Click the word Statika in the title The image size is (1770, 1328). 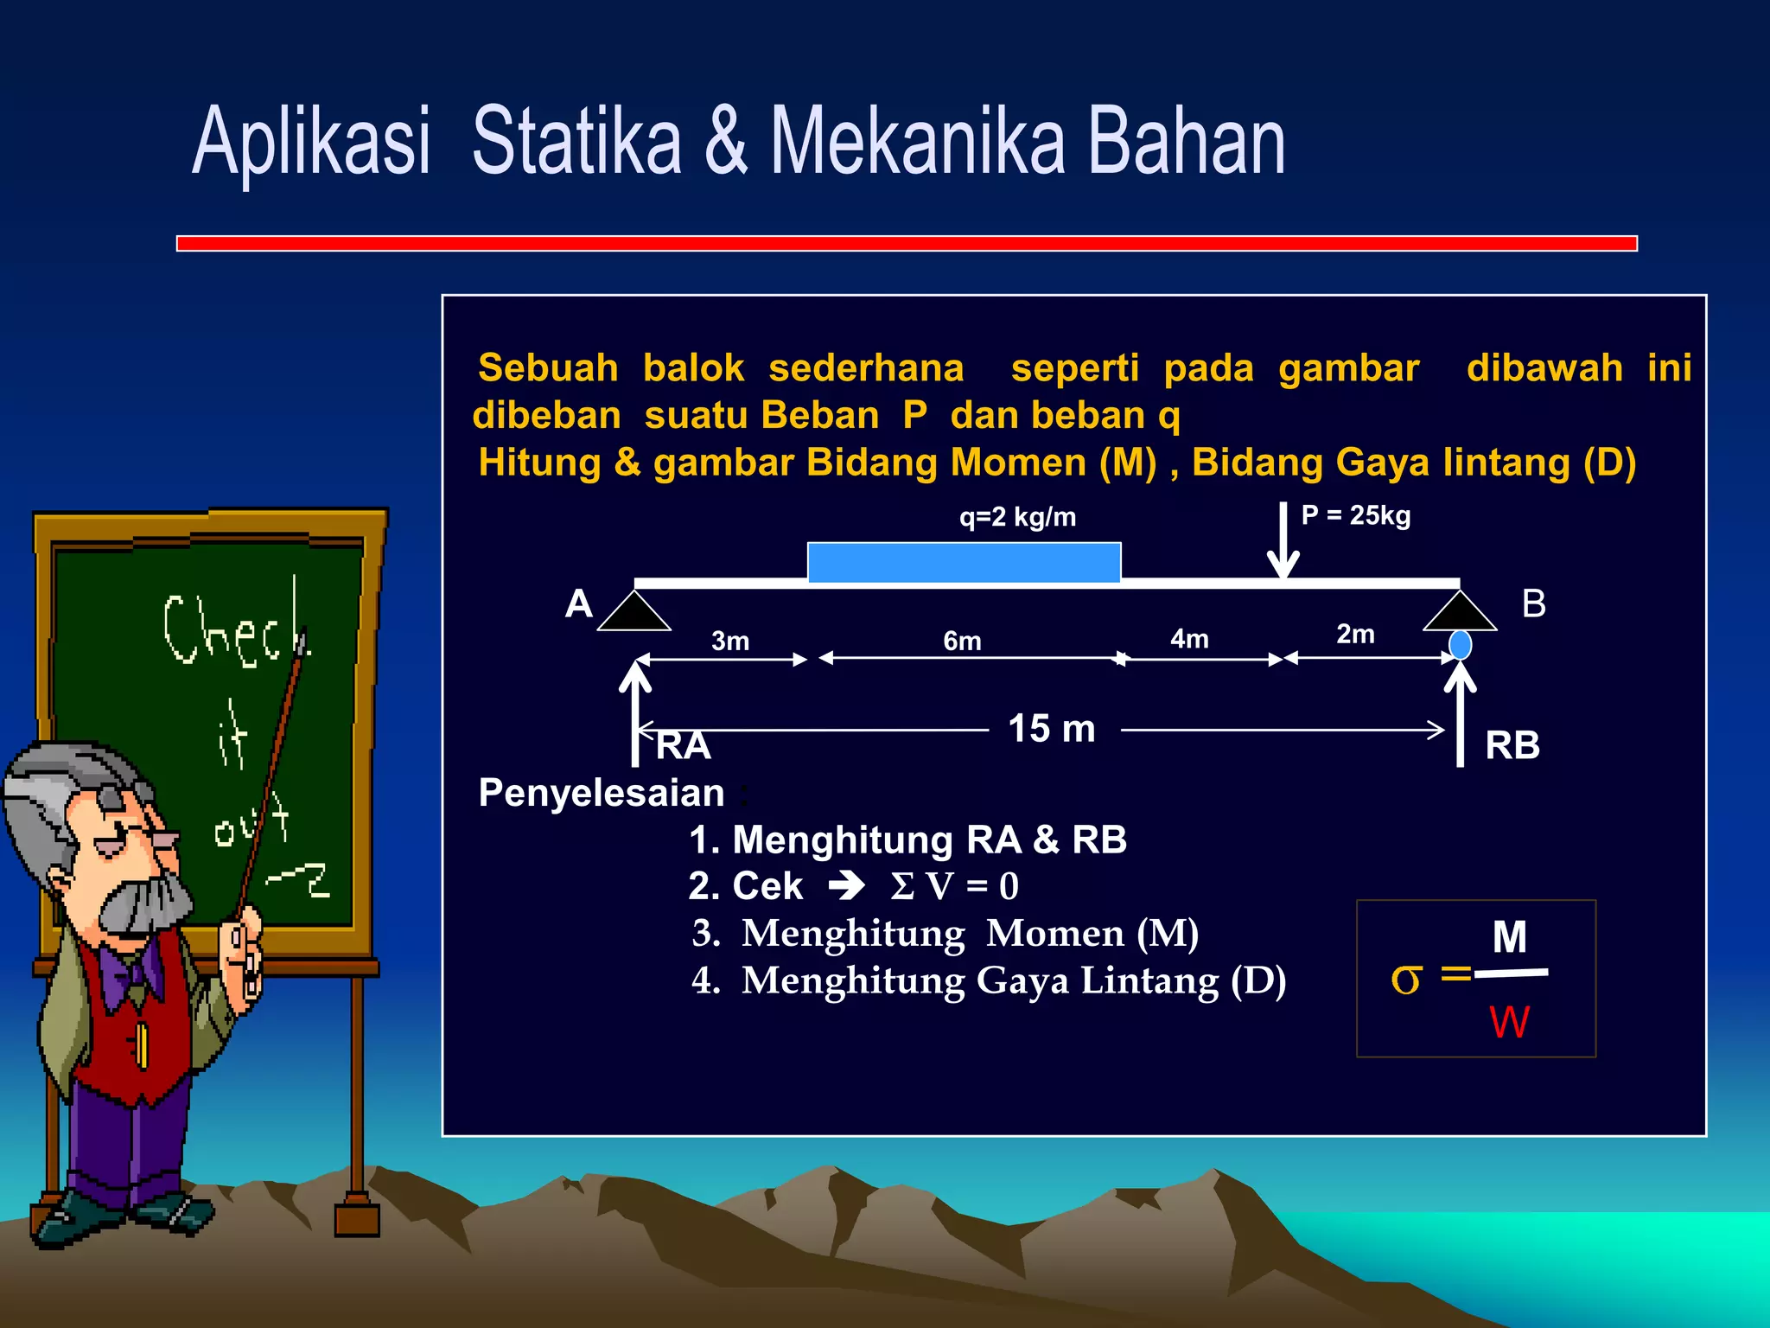[x=576, y=141]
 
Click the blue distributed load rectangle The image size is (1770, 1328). [x=964, y=563]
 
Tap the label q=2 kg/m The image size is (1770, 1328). [x=1017, y=517]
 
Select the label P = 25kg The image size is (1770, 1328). [x=1355, y=515]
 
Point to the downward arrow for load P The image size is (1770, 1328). [x=1283, y=540]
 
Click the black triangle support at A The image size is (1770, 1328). [x=634, y=613]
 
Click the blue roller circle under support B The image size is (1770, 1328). [x=1460, y=645]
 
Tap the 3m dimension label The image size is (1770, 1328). [x=730, y=642]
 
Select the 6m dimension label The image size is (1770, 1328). [x=962, y=642]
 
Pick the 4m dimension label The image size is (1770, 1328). [x=1189, y=639]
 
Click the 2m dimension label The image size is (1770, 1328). [x=1355, y=634]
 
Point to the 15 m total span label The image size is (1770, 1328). [x=1052, y=729]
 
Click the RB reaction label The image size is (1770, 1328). [x=1512, y=745]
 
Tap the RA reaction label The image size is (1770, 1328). [x=683, y=745]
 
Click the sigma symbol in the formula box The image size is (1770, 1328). [x=1405, y=979]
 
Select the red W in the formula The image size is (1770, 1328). [x=1509, y=1022]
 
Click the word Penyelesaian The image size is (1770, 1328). [x=602, y=793]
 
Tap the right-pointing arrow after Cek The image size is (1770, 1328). [x=847, y=885]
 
